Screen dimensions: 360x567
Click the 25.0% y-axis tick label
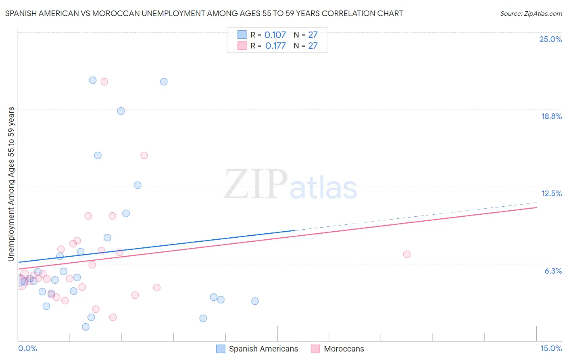point(550,39)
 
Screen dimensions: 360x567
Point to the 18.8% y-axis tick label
point(551,116)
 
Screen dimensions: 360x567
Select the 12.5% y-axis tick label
point(551,193)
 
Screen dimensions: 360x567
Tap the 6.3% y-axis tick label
point(553,271)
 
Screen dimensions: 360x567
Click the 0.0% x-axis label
point(27,348)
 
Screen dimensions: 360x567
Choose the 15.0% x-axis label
point(551,348)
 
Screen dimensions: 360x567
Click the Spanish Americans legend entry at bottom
point(257,349)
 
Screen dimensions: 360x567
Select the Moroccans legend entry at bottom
point(338,349)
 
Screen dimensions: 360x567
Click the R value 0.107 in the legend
point(275,35)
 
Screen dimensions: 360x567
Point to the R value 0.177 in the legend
point(275,46)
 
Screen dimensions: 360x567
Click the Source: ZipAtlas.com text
point(531,13)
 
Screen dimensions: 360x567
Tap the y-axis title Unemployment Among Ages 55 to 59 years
point(11,184)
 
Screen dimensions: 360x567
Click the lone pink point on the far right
point(406,254)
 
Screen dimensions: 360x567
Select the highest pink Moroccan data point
point(104,82)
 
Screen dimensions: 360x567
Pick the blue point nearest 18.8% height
point(121,111)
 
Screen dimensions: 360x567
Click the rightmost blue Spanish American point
point(255,301)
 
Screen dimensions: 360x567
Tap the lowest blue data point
point(85,327)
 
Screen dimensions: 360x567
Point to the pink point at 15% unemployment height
point(144,155)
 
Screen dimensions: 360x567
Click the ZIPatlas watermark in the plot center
point(290,185)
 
